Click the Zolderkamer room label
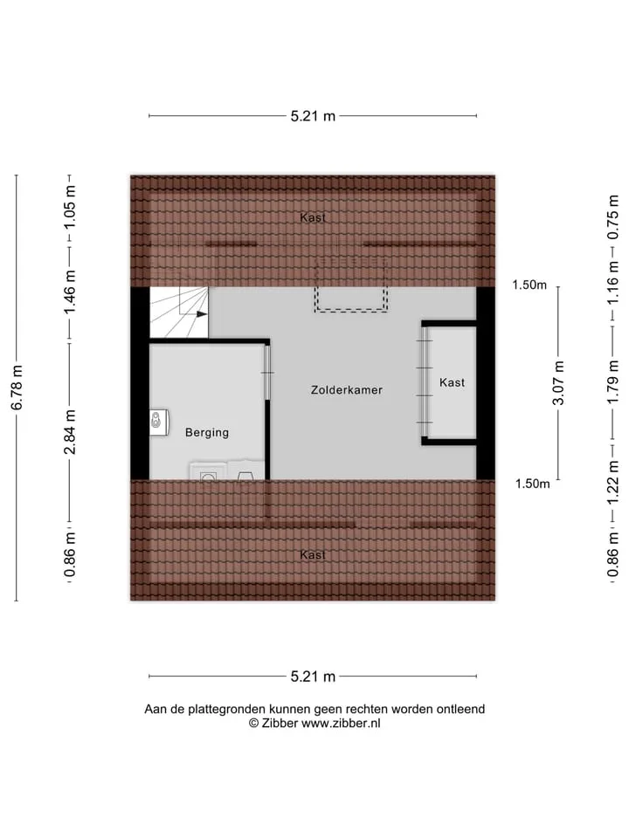coord(347,389)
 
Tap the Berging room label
coord(207,432)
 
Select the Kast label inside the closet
coord(452,382)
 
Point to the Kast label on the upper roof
coord(313,217)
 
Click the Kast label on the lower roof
coord(313,554)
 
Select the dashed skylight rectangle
coord(351,285)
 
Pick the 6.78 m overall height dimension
coord(17,388)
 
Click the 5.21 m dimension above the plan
coord(313,116)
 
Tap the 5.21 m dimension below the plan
coord(313,677)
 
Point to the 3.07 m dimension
coord(558,382)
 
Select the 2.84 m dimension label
coord(70,432)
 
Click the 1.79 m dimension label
coord(613,381)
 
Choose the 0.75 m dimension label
coord(613,216)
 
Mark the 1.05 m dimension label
coord(70,206)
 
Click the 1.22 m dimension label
coord(613,482)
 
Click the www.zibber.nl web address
coord(342,723)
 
